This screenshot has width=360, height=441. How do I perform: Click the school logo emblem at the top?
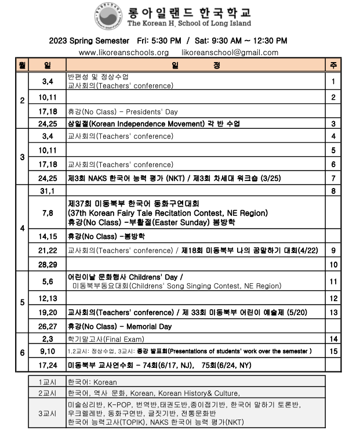click(107, 16)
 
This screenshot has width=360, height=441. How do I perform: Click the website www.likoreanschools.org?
click(123, 52)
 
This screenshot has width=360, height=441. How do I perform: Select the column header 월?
click(22, 65)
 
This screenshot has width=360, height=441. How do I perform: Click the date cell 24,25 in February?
click(48, 124)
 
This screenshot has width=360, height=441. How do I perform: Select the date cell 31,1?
click(48, 191)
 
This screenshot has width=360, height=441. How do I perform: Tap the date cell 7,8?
click(48, 213)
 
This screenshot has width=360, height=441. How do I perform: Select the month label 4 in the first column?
click(22, 228)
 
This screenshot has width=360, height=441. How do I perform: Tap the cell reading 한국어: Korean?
click(92, 382)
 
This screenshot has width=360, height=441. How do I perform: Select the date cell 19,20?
click(48, 313)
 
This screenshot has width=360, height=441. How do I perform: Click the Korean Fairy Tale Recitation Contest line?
click(168, 213)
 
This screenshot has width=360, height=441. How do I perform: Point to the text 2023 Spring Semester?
click(89, 41)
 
